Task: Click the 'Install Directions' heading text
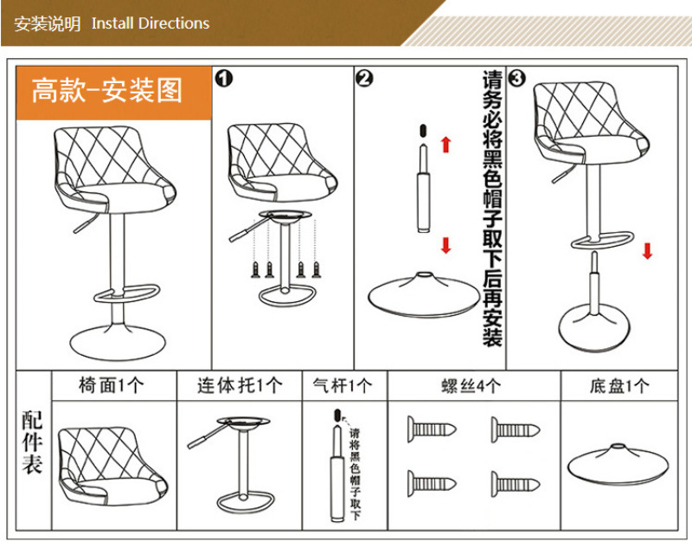pyautogui.click(x=151, y=23)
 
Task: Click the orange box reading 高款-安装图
pyautogui.click(x=114, y=93)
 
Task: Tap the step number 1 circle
pyautogui.click(x=224, y=79)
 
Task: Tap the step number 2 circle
pyautogui.click(x=364, y=79)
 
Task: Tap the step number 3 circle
pyautogui.click(x=516, y=79)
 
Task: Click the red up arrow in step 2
pyautogui.click(x=446, y=145)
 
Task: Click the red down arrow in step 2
pyautogui.click(x=446, y=246)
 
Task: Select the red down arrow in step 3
pyautogui.click(x=647, y=251)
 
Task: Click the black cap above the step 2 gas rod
pyautogui.click(x=423, y=131)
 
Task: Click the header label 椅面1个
pyautogui.click(x=112, y=385)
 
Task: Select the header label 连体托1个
pyautogui.click(x=240, y=385)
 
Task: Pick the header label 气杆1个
pyautogui.click(x=343, y=385)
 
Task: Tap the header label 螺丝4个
pyautogui.click(x=471, y=386)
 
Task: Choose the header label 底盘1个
pyautogui.click(x=619, y=386)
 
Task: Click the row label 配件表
pyautogui.click(x=32, y=442)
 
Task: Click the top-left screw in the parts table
pyautogui.click(x=431, y=429)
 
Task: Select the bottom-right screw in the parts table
pyautogui.click(x=516, y=484)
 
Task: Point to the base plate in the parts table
pyautogui.click(x=618, y=465)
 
